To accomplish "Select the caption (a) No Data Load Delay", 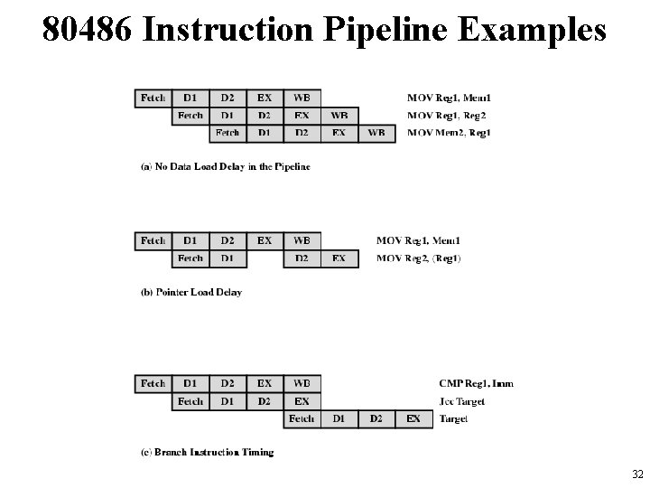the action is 226,166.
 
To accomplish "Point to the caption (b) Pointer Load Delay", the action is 191,292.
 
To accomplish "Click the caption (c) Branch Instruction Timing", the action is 207,451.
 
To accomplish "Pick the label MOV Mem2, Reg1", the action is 450,133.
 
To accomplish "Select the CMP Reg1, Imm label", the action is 476,384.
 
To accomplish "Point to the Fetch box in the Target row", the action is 302,418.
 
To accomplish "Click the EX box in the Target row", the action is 413,418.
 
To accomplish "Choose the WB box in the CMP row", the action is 302,384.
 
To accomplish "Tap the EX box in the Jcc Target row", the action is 302,401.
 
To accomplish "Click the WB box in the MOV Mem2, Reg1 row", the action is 376,133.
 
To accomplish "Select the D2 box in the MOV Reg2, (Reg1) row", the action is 302,258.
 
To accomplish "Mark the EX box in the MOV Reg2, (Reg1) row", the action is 339,258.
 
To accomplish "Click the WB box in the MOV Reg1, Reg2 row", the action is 339,116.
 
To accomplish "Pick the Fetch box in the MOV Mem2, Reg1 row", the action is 227,133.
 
